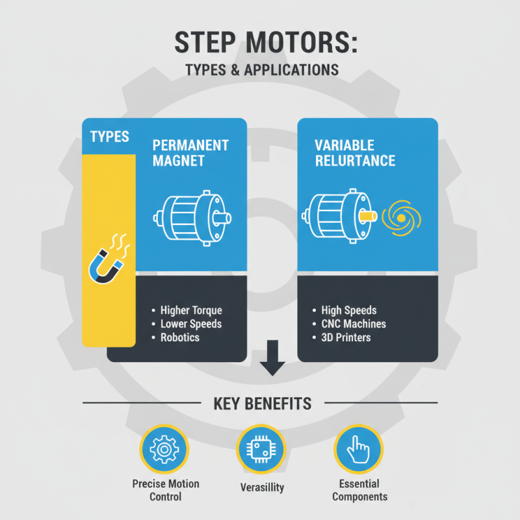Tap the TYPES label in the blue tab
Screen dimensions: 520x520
tap(109, 136)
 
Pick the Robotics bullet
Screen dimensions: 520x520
tap(181, 337)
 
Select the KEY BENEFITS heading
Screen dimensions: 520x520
tap(262, 404)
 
